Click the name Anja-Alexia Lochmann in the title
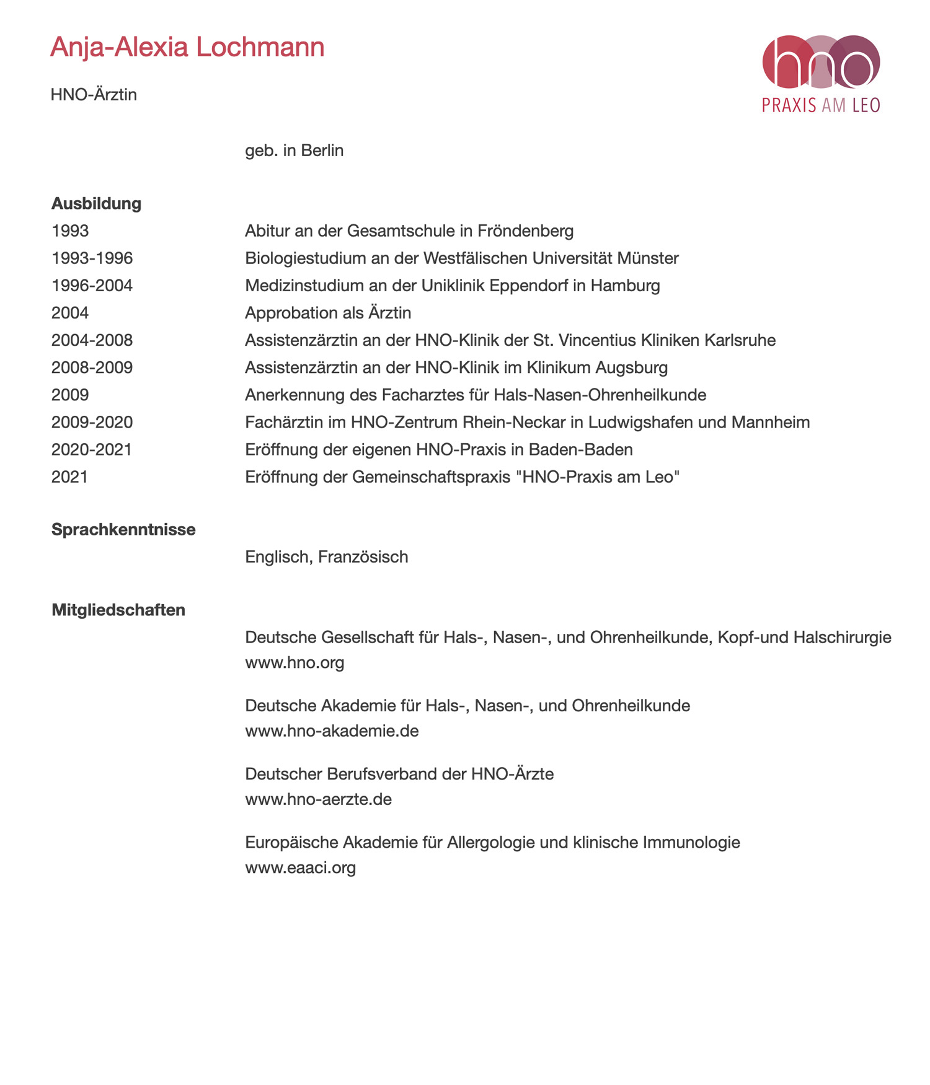pos(187,47)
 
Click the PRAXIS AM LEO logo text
pos(821,105)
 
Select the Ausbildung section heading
pos(96,203)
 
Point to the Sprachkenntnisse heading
pos(123,529)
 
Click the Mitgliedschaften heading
pos(118,610)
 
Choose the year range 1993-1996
pos(92,258)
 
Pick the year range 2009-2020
pos(92,422)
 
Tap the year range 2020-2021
pos(92,449)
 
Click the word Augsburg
pos(632,367)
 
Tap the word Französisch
pos(363,556)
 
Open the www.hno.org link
pos(294,662)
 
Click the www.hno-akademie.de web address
pos(332,731)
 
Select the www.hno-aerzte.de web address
pos(318,799)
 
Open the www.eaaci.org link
pos(300,867)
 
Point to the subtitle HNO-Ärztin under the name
pos(94,95)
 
